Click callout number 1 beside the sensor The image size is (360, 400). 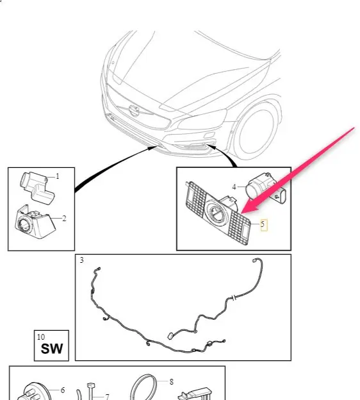[58, 176]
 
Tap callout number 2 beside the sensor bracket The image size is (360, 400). [64, 219]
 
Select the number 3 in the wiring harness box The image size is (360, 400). [81, 260]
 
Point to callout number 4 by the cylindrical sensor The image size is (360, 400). [234, 187]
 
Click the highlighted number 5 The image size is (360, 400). [263, 224]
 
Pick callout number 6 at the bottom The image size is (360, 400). [63, 390]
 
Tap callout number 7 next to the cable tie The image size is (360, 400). [107, 397]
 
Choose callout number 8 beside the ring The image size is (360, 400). [171, 381]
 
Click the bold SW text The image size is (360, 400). [52, 349]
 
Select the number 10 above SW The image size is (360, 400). [41, 337]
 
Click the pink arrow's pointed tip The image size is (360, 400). [241, 213]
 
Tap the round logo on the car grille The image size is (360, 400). [134, 111]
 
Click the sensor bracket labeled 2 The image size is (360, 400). [35, 222]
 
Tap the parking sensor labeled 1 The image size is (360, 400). [37, 187]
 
